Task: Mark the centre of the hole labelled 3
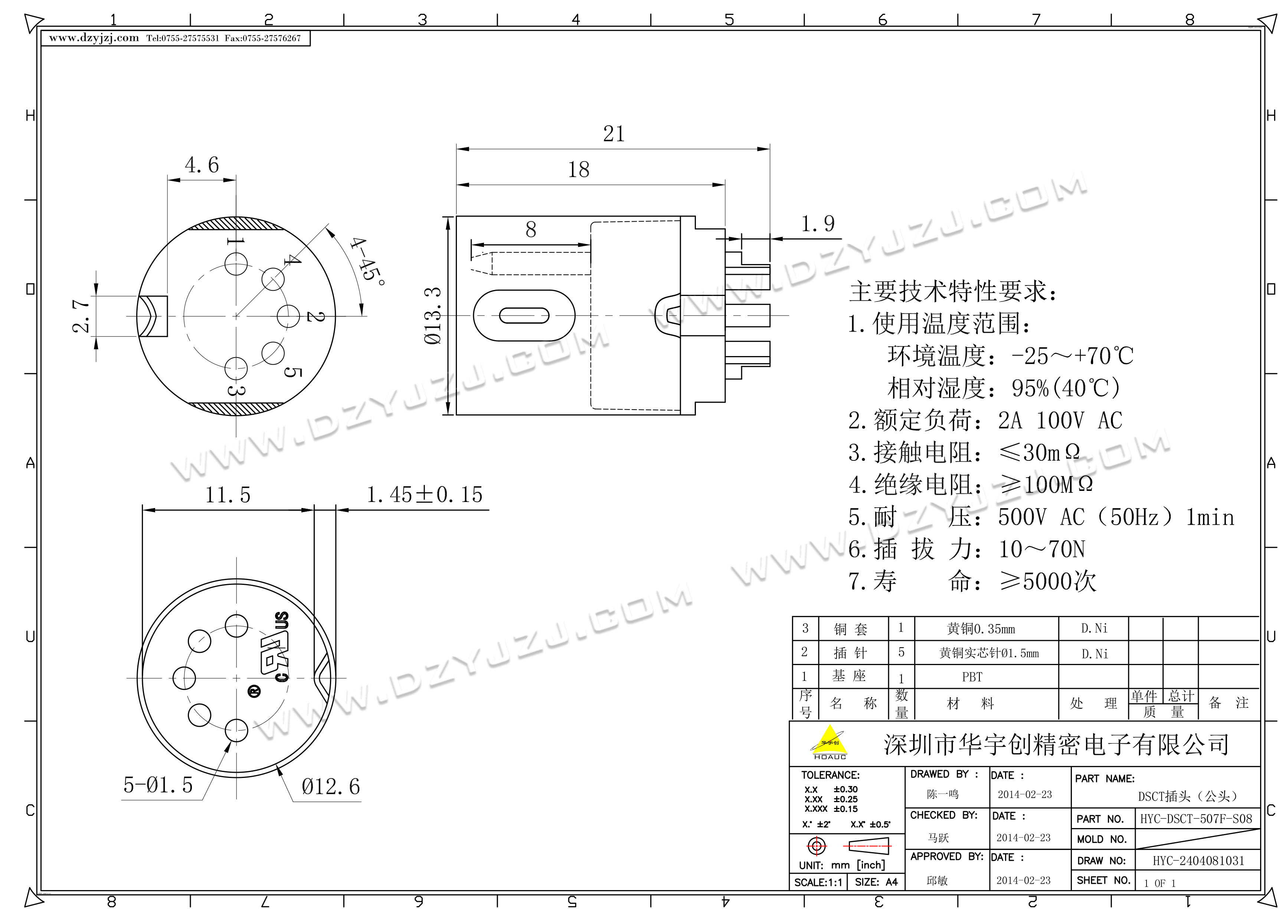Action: point(236,368)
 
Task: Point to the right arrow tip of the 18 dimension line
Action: point(725,185)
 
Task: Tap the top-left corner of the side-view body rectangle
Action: point(457,216)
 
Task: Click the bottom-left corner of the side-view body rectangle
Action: point(457,415)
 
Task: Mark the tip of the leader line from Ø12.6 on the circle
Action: point(277,765)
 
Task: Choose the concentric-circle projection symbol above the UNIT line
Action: point(817,846)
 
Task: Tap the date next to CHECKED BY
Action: point(1023,837)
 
